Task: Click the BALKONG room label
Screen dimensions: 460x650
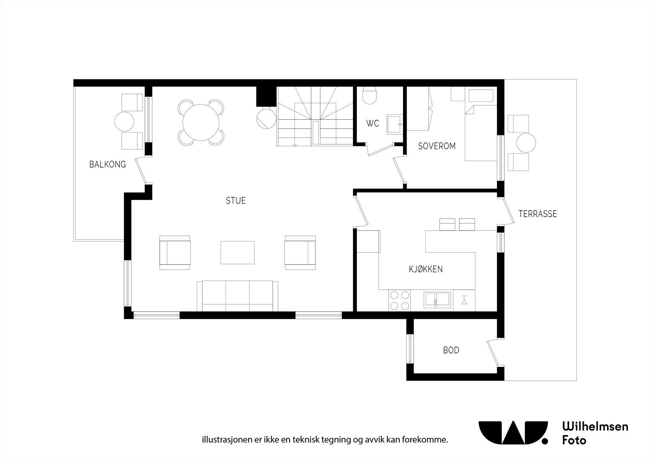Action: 108,164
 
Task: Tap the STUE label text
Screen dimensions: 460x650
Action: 236,201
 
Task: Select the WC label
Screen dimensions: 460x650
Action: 373,123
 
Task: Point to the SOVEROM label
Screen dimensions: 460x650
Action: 437,146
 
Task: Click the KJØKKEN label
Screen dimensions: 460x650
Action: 425,269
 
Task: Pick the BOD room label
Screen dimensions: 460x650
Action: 451,350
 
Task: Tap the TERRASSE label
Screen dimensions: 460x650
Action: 537,214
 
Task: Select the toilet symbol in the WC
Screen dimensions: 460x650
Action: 370,97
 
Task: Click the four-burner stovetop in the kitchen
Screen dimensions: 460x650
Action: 399,301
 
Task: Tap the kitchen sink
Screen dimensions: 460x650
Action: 437,300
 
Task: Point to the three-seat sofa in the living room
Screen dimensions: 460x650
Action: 238,296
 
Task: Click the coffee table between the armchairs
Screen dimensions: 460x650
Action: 238,253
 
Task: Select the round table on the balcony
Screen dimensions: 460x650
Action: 124,121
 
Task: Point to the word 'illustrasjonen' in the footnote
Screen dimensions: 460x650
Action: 220,440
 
